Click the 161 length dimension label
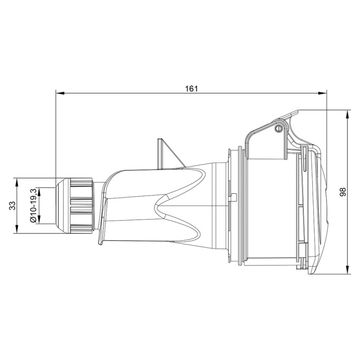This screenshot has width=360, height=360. (x=191, y=88)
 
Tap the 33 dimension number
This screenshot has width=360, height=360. (x=12, y=205)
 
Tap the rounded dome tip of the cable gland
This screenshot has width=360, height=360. (x=61, y=205)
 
